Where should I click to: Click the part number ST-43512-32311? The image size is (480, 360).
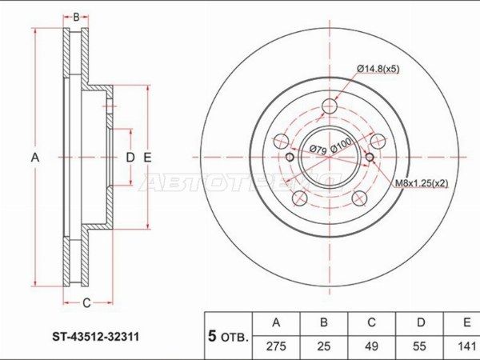pos(96,337)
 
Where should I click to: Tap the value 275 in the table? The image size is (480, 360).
pos(276,346)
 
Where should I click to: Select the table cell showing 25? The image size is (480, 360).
pos(323,346)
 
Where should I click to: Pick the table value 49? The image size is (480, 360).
pos(371,346)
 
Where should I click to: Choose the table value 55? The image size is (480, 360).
pos(419,346)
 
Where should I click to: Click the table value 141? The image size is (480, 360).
pos(466,346)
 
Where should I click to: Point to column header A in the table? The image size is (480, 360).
pos(276,322)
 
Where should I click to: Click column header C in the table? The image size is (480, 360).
pos(371,322)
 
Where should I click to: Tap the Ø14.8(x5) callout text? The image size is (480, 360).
pos(378,69)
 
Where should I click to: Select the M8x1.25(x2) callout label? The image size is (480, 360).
pos(422,183)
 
